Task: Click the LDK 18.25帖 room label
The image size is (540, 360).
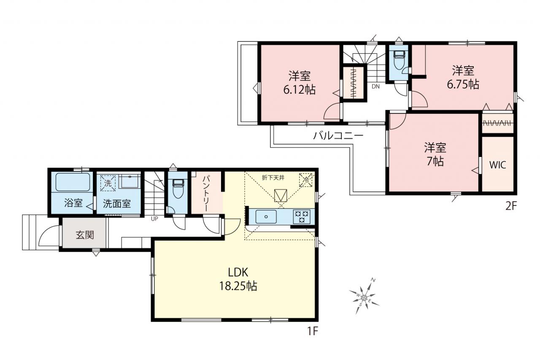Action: (238, 279)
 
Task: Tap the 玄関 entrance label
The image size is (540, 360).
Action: (85, 235)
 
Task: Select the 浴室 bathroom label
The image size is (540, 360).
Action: (73, 203)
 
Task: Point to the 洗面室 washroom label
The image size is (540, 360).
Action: (117, 204)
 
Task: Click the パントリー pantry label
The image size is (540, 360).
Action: (206, 194)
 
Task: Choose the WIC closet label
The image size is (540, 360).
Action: (497, 165)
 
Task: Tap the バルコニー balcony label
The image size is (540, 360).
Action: (338, 136)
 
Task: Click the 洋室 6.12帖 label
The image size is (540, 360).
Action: (300, 83)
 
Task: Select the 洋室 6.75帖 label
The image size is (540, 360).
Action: (463, 77)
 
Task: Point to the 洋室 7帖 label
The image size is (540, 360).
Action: (435, 154)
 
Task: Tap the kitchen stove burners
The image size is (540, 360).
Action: (301, 217)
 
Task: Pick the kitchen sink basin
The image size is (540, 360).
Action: (266, 217)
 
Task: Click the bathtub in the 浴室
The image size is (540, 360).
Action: (73, 182)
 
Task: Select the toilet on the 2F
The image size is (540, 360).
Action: (399, 60)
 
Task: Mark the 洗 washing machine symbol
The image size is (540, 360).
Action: (108, 183)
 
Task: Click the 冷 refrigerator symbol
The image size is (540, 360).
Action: (306, 180)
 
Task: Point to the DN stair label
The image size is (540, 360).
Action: (375, 87)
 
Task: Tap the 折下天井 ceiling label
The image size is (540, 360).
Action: (273, 178)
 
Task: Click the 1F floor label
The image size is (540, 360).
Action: (313, 332)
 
